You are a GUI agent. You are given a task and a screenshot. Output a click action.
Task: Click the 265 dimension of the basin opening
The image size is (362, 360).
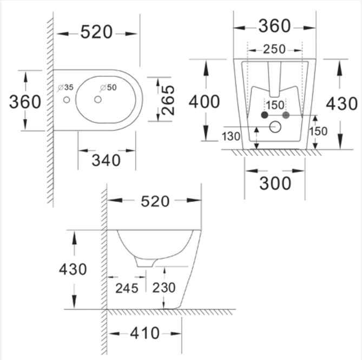point(168,100)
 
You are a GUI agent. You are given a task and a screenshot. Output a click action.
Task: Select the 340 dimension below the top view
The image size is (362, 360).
point(106,160)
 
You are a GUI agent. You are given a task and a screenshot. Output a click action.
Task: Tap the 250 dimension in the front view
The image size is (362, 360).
point(274,49)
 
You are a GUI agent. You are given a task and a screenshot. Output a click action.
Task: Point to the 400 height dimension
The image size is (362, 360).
point(204,102)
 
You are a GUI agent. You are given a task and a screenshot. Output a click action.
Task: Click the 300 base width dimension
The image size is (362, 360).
point(275,184)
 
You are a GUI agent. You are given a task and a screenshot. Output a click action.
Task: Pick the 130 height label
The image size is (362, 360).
point(231,136)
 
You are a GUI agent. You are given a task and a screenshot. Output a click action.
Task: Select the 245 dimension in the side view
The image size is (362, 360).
point(127,288)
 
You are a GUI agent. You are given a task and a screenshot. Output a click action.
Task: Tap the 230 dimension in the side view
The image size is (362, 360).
point(164,287)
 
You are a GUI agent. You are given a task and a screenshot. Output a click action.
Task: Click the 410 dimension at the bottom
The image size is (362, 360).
point(145,333)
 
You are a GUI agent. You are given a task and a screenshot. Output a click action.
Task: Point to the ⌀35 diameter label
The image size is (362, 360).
point(65,87)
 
